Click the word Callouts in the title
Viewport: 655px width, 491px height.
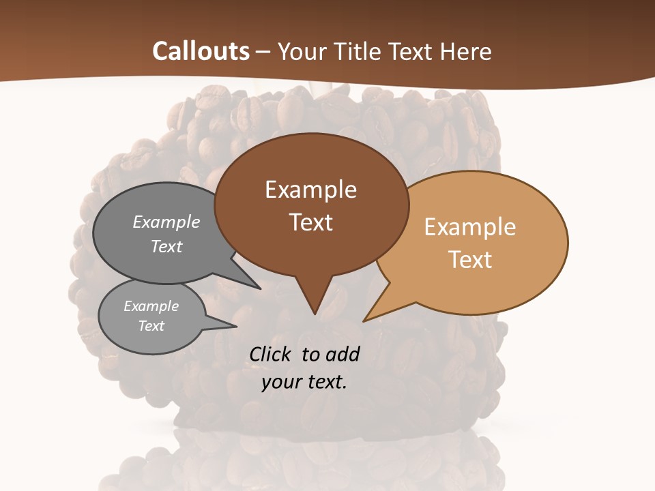click(201, 51)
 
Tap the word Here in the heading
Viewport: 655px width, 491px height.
click(466, 51)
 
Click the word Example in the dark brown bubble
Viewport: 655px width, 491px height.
click(310, 190)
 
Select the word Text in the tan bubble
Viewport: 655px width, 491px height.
click(470, 260)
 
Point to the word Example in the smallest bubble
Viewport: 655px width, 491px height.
click(151, 306)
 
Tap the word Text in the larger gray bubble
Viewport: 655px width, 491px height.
click(166, 246)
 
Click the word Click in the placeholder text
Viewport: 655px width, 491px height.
click(270, 354)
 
